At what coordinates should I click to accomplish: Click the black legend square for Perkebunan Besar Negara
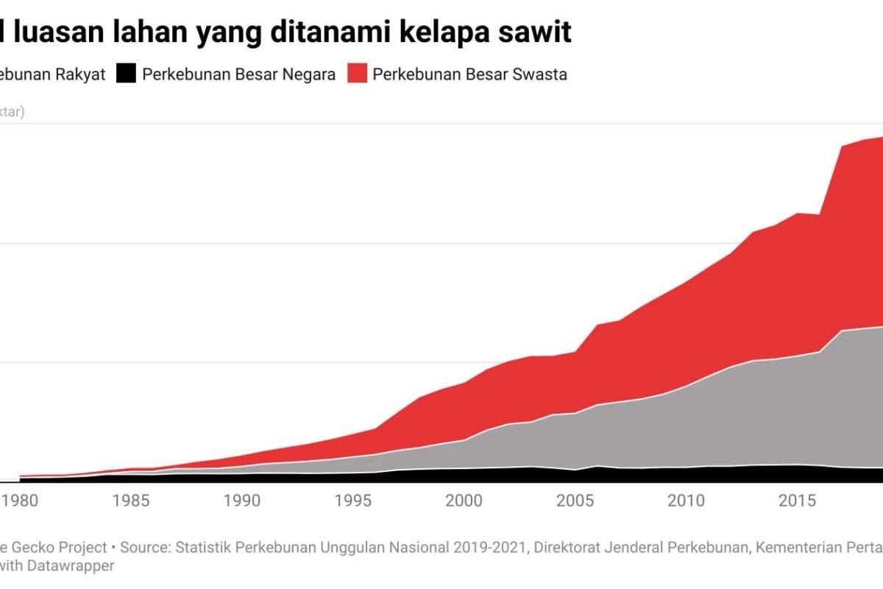[127, 74]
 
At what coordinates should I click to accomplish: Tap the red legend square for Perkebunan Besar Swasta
[357, 74]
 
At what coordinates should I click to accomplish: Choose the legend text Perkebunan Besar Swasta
[469, 74]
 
